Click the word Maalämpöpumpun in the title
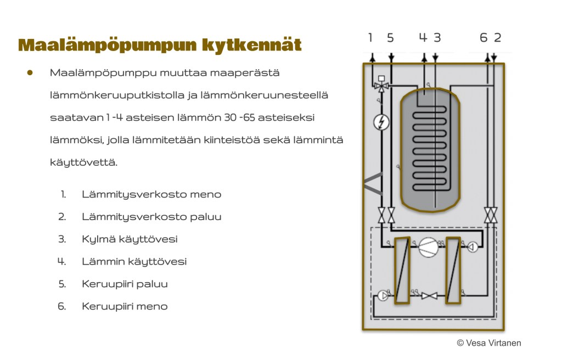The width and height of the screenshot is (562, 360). coord(107,46)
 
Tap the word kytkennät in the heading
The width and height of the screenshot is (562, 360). coord(251,45)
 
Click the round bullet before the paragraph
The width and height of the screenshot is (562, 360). coord(30,73)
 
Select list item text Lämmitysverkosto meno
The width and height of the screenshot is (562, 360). coord(151,195)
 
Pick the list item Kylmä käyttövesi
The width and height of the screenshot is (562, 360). coord(130,239)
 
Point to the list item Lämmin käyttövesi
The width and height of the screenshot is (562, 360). coord(134,262)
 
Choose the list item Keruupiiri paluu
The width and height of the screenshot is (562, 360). coord(125,284)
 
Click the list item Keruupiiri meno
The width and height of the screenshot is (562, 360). coord(125,307)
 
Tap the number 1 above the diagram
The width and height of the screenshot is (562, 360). coord(370,37)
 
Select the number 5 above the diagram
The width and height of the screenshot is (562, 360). coord(390,38)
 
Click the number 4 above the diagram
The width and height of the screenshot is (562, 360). coord(423,37)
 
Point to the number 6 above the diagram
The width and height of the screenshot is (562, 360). coord(484,37)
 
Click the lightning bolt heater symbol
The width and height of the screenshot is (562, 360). coord(381,122)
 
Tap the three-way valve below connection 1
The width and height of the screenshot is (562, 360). coord(381,86)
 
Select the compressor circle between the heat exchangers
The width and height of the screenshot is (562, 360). coord(428,248)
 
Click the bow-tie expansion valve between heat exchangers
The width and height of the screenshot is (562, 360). coord(429,296)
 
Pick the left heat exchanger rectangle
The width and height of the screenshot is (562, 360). coord(402,271)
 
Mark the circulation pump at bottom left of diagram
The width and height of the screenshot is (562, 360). coord(384,296)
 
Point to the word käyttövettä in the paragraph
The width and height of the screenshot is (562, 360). coord(84,163)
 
